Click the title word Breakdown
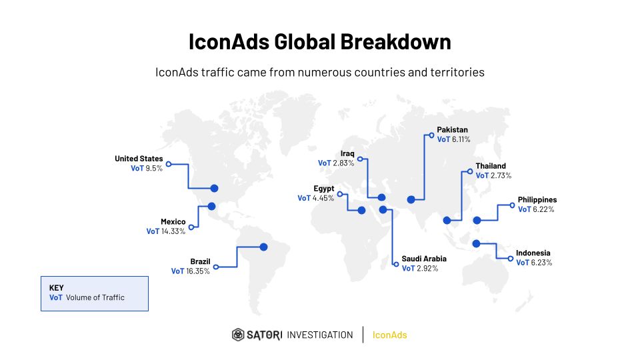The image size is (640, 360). (395, 41)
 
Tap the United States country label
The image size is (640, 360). (139, 159)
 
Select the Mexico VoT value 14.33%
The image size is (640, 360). (173, 231)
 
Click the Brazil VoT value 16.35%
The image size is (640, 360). (198, 271)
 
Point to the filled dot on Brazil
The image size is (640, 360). (264, 247)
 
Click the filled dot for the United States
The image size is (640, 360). (214, 188)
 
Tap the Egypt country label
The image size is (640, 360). (324, 189)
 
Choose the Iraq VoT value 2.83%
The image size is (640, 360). (343, 163)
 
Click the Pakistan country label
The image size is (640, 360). (452, 130)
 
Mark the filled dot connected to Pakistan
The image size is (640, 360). (411, 199)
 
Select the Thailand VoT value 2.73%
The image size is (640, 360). (501, 175)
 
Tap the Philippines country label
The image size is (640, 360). (537, 199)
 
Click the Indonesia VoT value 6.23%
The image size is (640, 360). (541, 263)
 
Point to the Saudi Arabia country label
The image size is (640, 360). (424, 259)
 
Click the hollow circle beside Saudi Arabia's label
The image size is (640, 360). (396, 265)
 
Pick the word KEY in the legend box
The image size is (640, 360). (56, 288)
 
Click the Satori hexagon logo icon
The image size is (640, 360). (238, 335)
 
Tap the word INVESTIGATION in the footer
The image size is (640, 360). (319, 335)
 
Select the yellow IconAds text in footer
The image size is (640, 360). (390, 335)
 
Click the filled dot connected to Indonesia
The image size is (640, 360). (476, 244)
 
